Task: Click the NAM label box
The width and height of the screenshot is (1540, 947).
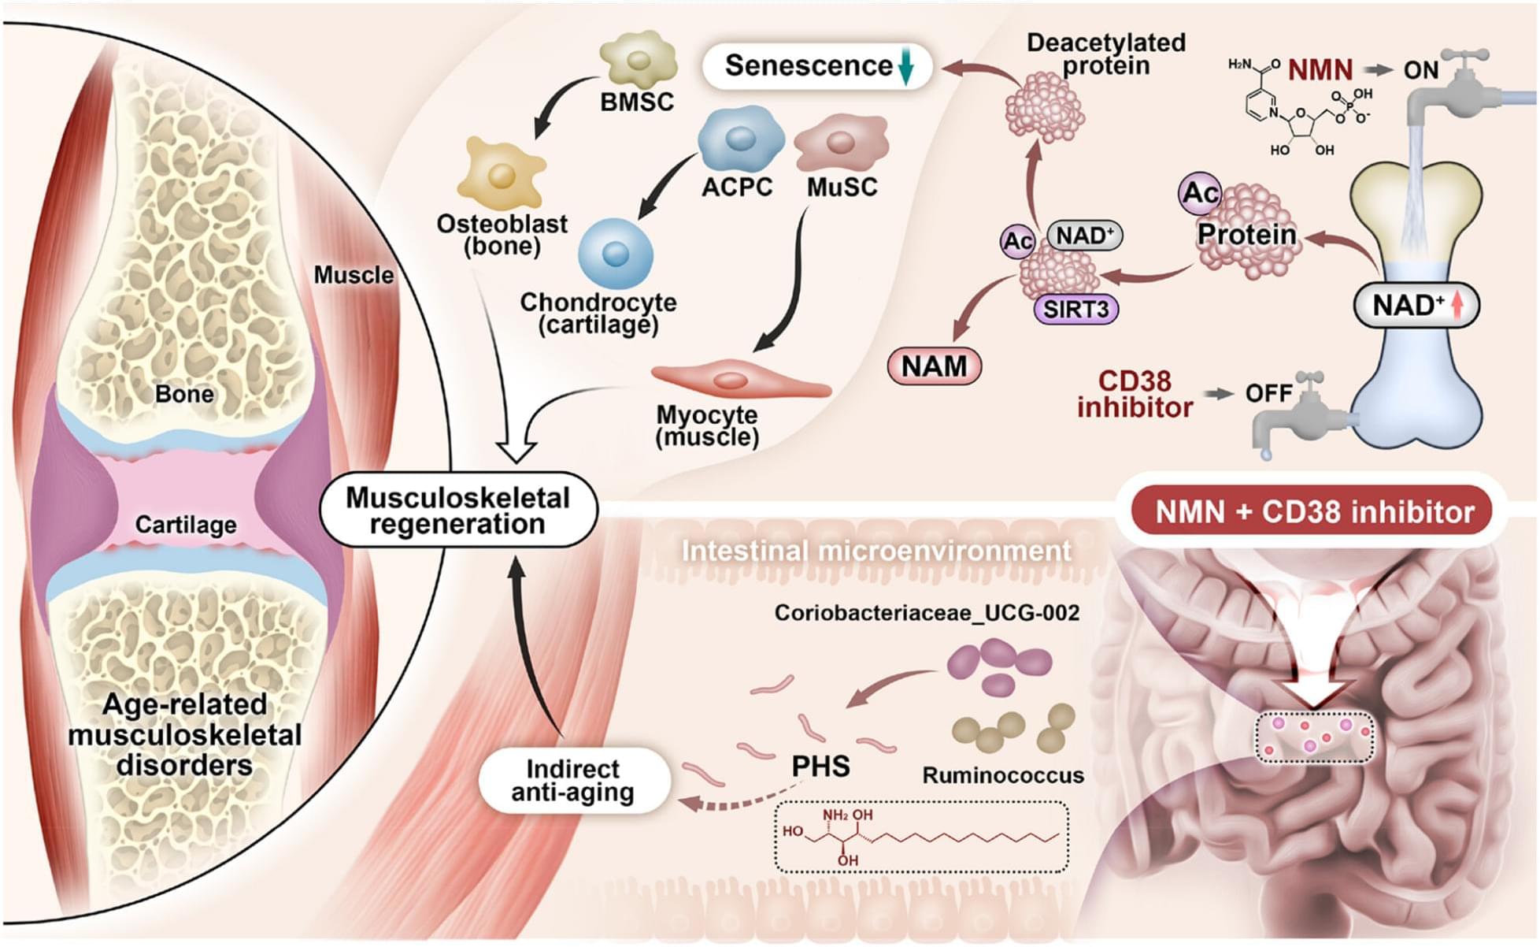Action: [934, 366]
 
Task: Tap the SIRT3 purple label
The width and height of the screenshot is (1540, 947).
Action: [1075, 309]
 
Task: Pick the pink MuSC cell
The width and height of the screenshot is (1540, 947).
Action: [841, 143]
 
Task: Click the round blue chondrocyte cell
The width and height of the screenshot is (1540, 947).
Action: [616, 254]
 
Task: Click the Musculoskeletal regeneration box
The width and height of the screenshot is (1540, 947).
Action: [458, 511]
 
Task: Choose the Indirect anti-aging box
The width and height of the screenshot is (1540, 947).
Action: [574, 780]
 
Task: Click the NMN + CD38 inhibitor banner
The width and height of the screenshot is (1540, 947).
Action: [1313, 512]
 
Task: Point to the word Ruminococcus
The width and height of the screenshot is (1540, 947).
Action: [1002, 776]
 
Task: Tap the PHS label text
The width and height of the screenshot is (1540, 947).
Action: [820, 766]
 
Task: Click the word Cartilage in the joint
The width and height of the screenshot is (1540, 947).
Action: [186, 525]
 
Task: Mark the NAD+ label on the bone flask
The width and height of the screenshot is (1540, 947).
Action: [1416, 305]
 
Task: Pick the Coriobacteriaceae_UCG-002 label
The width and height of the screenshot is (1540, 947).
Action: [927, 613]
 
